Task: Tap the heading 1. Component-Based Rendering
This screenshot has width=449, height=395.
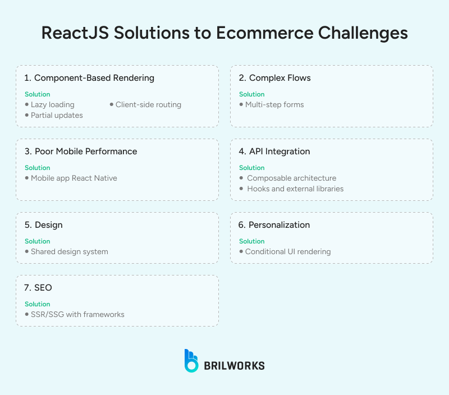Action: click(x=89, y=78)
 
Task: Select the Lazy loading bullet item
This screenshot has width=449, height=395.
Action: click(x=52, y=105)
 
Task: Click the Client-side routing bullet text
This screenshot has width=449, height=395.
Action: click(x=148, y=105)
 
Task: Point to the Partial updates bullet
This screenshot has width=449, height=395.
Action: click(x=57, y=116)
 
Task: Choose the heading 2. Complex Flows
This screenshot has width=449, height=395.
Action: click(x=274, y=78)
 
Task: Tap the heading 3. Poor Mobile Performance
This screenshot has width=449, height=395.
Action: click(x=81, y=151)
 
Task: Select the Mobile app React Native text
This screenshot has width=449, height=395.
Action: click(x=74, y=178)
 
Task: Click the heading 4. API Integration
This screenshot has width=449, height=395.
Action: click(x=274, y=151)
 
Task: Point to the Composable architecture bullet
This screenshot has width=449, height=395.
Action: click(x=291, y=178)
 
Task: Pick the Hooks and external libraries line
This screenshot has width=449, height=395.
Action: click(x=295, y=189)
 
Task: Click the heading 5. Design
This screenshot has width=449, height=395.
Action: click(x=44, y=225)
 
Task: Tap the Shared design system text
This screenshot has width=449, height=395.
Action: click(x=70, y=252)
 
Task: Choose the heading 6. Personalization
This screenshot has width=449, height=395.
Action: click(x=274, y=225)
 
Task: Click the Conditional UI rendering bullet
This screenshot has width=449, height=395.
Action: click(x=288, y=252)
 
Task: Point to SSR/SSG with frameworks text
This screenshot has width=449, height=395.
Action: click(x=77, y=315)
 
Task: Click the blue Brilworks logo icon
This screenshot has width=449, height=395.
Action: click(x=191, y=361)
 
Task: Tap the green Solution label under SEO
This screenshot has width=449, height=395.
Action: click(x=38, y=304)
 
